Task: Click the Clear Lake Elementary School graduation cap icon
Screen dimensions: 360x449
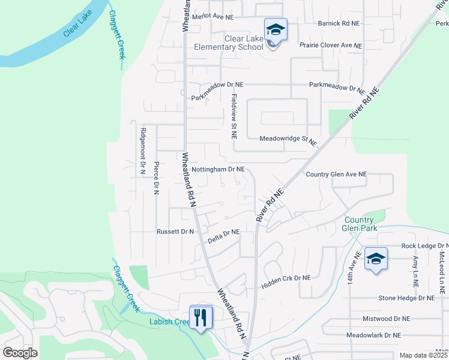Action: [x=276, y=30]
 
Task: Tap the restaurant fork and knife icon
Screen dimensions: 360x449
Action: [x=201, y=317]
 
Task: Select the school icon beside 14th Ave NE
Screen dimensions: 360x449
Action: [x=376, y=259]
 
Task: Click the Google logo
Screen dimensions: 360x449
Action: [x=20, y=352]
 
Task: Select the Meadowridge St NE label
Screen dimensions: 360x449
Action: [x=288, y=139]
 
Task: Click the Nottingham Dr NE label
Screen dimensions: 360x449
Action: [x=218, y=169]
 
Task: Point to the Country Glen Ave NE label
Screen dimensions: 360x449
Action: [x=336, y=174]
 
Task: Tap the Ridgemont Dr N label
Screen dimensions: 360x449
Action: [x=143, y=151]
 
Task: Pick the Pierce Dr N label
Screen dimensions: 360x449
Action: [x=156, y=177]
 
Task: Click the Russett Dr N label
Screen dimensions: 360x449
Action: [x=175, y=231]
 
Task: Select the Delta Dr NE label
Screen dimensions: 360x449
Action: [x=223, y=235]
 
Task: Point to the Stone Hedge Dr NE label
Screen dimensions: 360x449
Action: [x=406, y=298]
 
